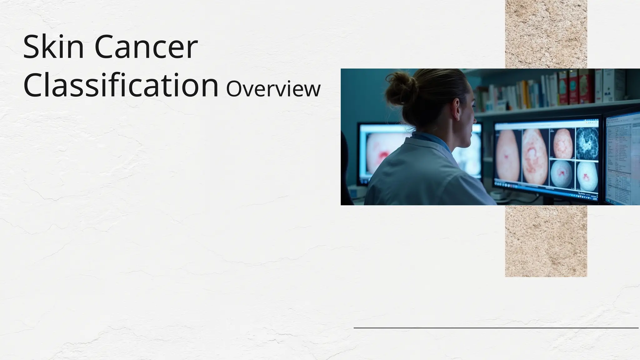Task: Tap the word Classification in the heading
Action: (x=121, y=85)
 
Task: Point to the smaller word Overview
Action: (x=273, y=89)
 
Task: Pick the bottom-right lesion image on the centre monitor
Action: (x=587, y=176)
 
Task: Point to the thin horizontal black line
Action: (x=496, y=328)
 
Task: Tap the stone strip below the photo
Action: (x=546, y=241)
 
